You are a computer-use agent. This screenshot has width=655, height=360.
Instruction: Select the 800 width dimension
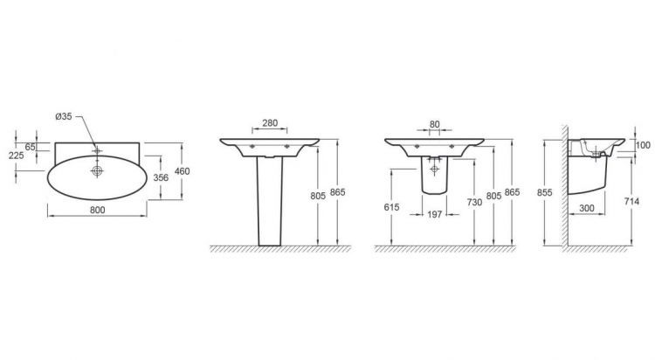[x=98, y=211]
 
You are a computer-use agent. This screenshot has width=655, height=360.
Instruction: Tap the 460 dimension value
[x=182, y=171]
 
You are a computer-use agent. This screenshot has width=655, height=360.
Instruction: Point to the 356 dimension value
[x=161, y=178]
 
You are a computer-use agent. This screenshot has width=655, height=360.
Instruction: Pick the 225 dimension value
[x=16, y=156]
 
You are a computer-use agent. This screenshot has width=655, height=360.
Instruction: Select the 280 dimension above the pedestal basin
[x=271, y=122]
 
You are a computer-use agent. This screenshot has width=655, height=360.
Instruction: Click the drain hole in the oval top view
[x=98, y=171]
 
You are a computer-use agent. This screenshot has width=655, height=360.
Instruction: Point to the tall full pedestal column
[x=271, y=201]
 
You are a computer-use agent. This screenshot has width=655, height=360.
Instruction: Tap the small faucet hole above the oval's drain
[x=98, y=149]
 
